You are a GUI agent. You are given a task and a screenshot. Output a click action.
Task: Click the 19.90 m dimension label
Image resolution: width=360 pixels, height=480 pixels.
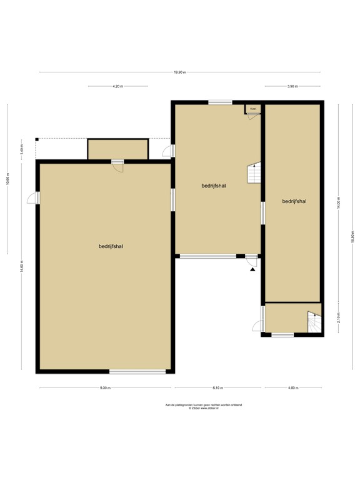coord(180,72)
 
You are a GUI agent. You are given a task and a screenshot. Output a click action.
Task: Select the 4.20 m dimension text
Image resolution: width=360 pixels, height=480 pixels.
coord(117,86)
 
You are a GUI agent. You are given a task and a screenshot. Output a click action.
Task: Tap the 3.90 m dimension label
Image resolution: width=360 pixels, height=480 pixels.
coord(292,86)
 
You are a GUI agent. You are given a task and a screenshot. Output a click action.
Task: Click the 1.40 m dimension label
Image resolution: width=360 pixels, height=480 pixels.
coord(21,151)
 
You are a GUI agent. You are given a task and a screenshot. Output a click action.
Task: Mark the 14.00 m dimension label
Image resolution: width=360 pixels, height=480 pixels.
coord(338,203)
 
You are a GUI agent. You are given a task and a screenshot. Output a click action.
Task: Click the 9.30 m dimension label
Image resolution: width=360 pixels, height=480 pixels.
coord(105,388)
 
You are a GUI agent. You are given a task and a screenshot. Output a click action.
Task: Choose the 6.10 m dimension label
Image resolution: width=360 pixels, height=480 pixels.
coord(217,388)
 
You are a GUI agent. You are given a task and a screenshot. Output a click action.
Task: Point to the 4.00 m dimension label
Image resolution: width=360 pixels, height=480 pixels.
coord(292,388)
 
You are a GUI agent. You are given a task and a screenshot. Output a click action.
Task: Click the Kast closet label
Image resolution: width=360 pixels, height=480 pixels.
coord(253,109)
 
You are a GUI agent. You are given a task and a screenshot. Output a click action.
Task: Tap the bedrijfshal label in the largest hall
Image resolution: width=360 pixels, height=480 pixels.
coord(110,246)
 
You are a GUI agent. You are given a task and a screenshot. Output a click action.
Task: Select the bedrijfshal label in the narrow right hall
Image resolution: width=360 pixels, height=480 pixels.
coord(294,201)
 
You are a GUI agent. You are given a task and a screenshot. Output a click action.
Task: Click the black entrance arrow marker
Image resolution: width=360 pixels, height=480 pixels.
coord(252,267)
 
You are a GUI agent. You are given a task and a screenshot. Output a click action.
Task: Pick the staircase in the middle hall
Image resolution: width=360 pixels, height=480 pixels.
coord(254,173)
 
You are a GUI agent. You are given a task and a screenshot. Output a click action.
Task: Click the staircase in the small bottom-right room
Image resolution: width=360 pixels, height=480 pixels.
coord(314,322)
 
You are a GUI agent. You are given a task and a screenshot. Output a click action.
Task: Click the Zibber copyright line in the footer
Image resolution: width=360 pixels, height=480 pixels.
coord(203,409)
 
